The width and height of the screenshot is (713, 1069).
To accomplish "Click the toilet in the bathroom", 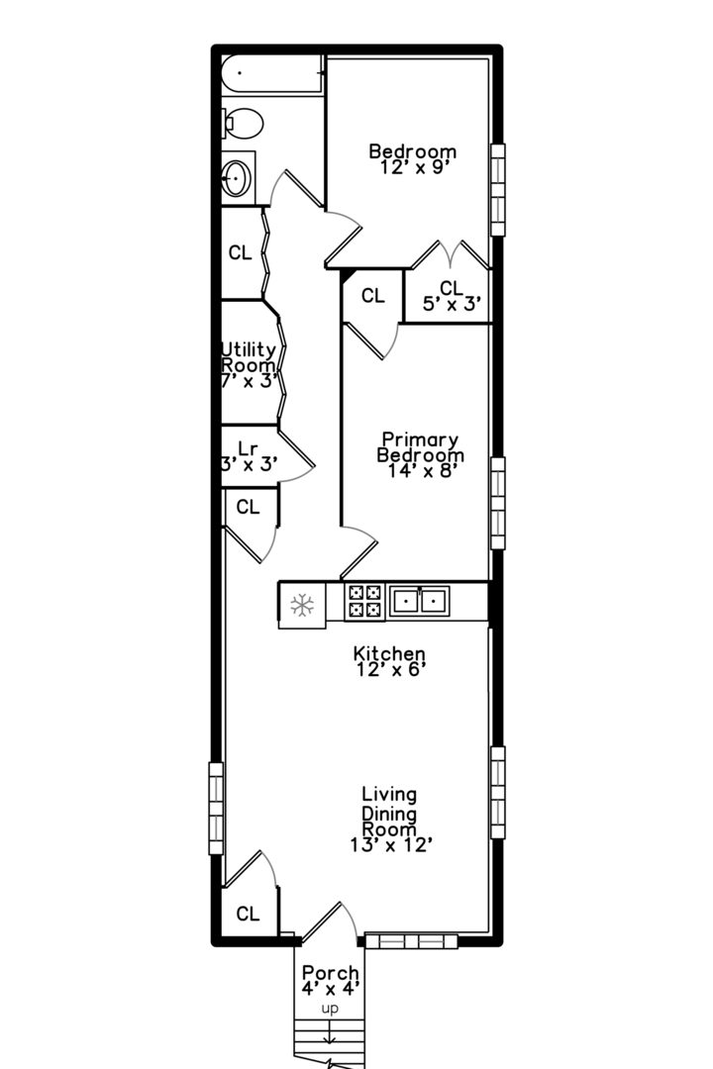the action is pyautogui.click(x=244, y=124).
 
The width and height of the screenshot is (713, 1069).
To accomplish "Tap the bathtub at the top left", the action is pyautogui.click(x=271, y=73).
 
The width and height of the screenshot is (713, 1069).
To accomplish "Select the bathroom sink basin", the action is pyautogui.click(x=236, y=178).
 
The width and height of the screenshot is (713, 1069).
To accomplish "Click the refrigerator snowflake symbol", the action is pyautogui.click(x=302, y=605).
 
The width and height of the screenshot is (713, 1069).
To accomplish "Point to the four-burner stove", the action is pyautogui.click(x=364, y=602).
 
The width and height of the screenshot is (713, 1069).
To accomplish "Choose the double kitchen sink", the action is pyautogui.click(x=419, y=602).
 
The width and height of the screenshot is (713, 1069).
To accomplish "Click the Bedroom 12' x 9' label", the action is pyautogui.click(x=412, y=158).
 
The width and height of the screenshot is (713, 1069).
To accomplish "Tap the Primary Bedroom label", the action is pyautogui.click(x=420, y=454).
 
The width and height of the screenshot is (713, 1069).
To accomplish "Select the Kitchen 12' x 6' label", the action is pyautogui.click(x=389, y=661).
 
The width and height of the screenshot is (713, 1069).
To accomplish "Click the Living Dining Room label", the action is pyautogui.click(x=390, y=820).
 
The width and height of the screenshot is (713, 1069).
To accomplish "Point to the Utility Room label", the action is pyautogui.click(x=249, y=365).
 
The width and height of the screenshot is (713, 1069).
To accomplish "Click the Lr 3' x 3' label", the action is pyautogui.click(x=249, y=456).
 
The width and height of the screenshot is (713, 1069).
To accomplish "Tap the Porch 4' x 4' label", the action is pyautogui.click(x=330, y=980).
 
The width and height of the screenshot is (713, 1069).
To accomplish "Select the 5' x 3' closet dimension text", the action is pyautogui.click(x=453, y=304).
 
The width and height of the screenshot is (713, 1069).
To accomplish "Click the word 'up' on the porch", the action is pyautogui.click(x=330, y=1009).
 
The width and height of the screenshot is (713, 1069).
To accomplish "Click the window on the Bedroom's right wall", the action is pyautogui.click(x=498, y=190).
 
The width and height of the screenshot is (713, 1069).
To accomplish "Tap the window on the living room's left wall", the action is pyautogui.click(x=216, y=809).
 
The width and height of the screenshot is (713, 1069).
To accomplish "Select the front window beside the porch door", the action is pyautogui.click(x=411, y=941).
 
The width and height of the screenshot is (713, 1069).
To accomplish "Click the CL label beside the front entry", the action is pyautogui.click(x=248, y=914).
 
